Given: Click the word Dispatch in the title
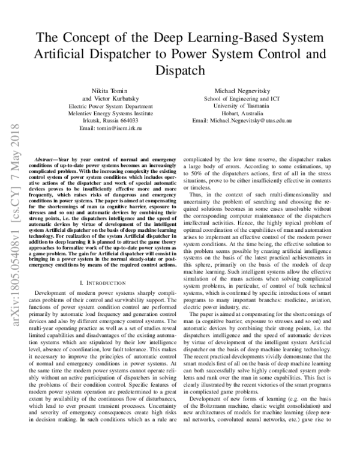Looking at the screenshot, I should point(180,70).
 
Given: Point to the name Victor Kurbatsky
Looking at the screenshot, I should point(110,97).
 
